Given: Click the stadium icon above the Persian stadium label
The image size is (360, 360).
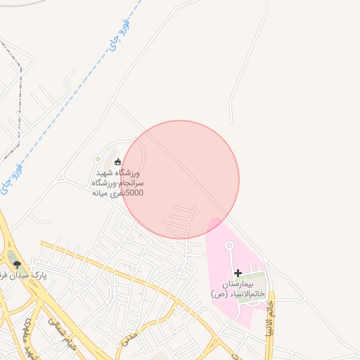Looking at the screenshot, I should [117, 162].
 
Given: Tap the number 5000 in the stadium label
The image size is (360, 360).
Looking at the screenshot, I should [134, 192].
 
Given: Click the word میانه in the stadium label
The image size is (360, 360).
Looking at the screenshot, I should [102, 192].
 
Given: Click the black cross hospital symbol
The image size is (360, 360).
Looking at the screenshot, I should [238, 273].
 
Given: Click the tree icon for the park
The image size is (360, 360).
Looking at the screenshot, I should [18, 264].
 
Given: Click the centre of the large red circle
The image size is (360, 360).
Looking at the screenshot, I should [181, 179].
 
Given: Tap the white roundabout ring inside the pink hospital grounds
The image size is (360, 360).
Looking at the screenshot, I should [229, 245].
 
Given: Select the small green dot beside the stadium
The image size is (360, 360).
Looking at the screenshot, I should [108, 159].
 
